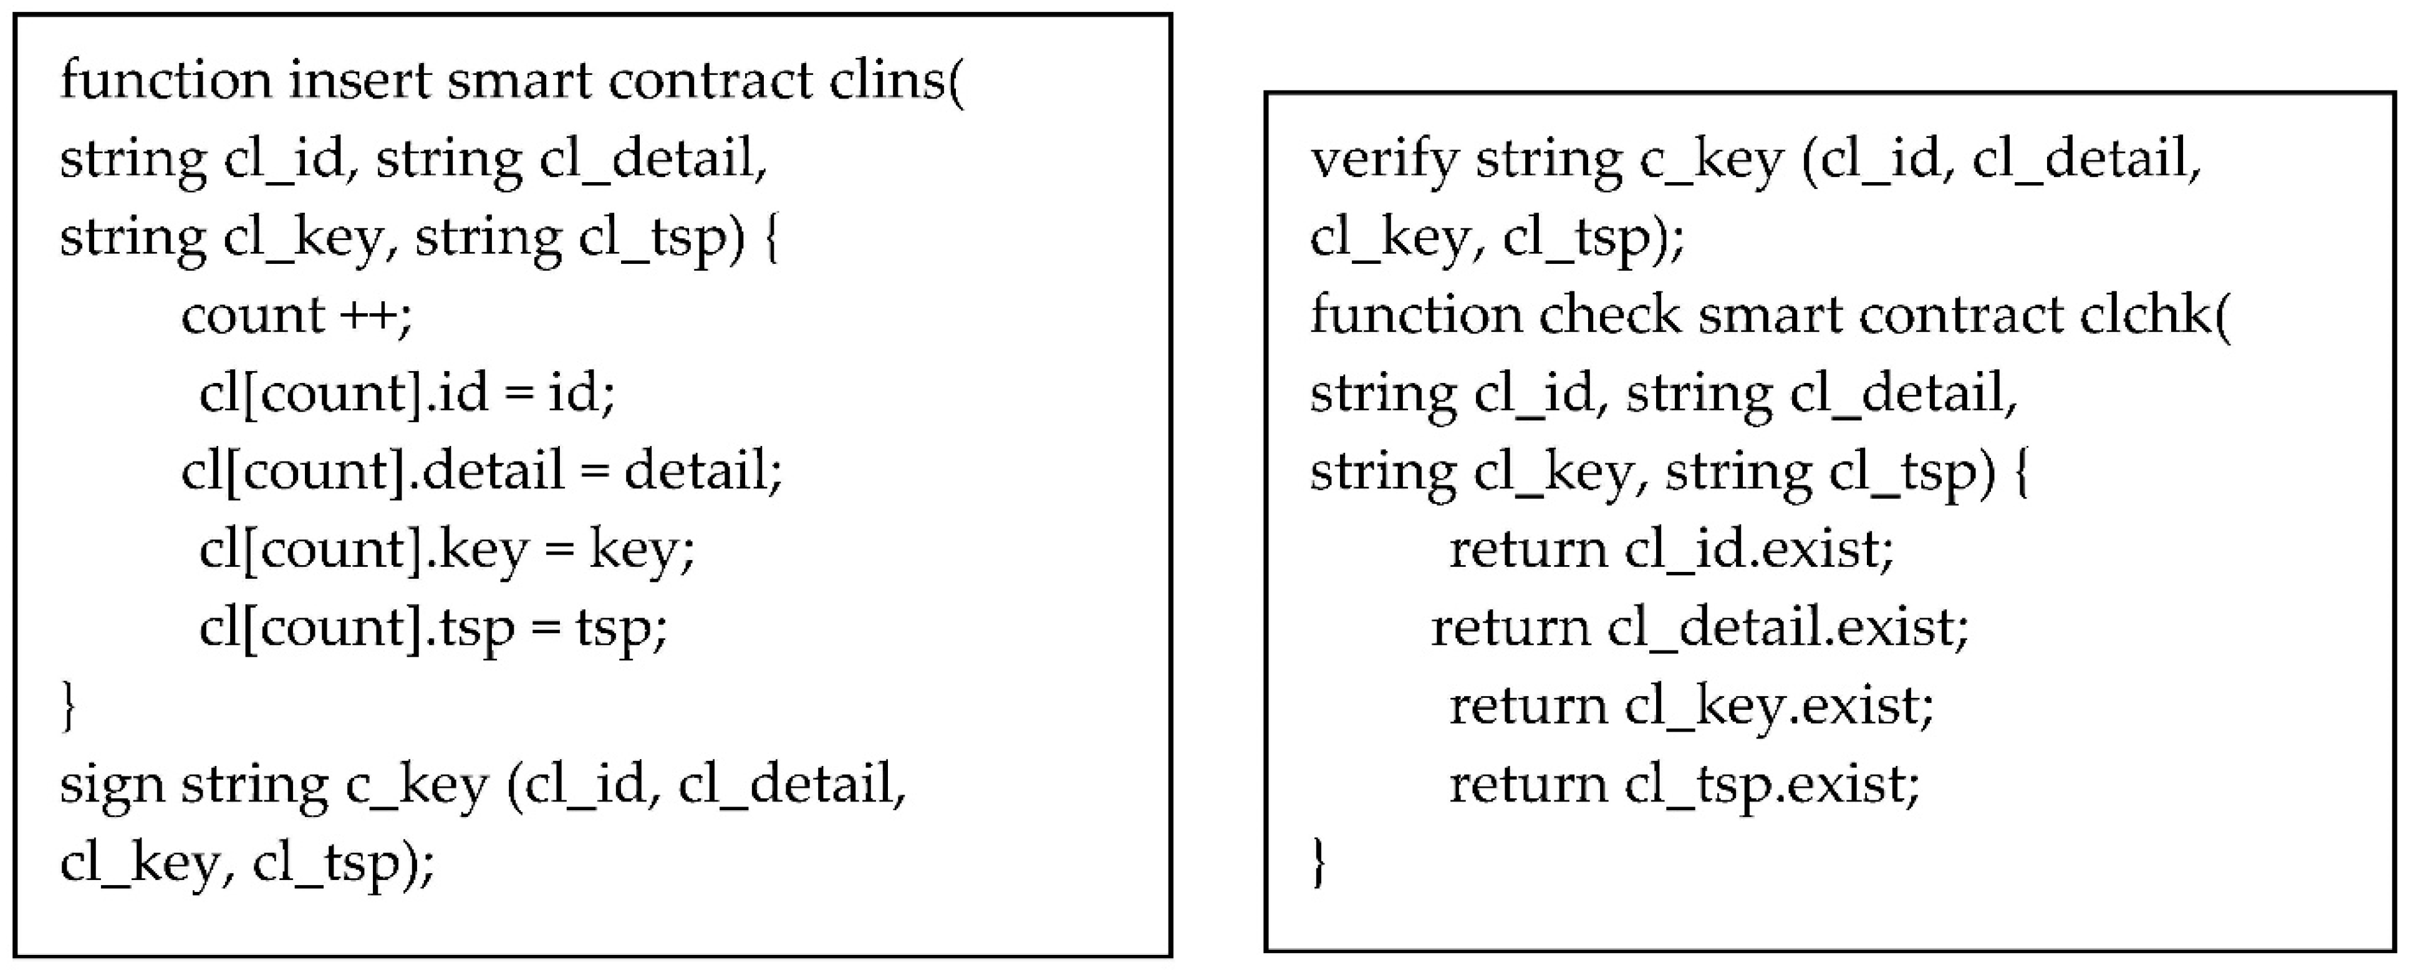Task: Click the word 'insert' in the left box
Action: (x=359, y=80)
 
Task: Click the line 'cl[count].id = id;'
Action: (x=407, y=393)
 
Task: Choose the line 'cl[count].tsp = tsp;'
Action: (x=433, y=627)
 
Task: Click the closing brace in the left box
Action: (x=67, y=706)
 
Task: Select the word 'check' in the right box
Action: (x=1609, y=316)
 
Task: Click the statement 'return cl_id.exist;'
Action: (x=1671, y=549)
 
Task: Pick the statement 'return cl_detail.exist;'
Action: (x=1700, y=627)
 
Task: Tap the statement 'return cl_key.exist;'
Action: (x=1690, y=706)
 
